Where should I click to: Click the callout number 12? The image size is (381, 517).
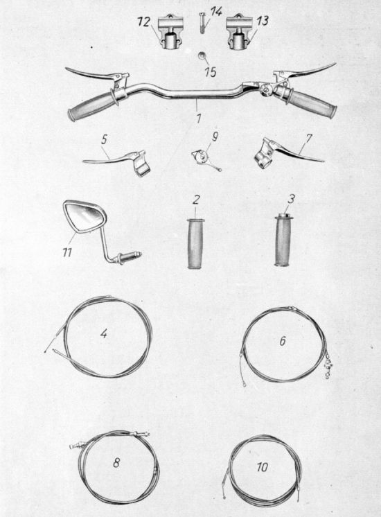pos(143,23)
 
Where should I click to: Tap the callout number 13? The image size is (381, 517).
pos(263,21)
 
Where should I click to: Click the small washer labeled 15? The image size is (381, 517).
pos(201,55)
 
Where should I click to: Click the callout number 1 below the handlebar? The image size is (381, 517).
pos(199,118)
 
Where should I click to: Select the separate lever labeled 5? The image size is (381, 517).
pos(119,161)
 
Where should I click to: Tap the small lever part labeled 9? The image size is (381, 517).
pos(204,159)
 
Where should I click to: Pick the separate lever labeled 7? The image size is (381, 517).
pos(284,154)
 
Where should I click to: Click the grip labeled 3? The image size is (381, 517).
pos(283,240)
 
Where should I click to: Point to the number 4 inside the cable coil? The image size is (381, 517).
pos(104,334)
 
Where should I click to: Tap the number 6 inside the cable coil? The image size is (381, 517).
pos(283,341)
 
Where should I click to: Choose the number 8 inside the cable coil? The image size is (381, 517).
pos(116,462)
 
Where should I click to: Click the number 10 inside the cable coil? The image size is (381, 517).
pos(263,467)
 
